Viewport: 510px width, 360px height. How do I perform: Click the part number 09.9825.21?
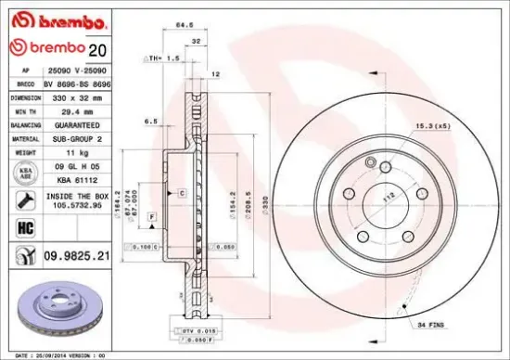click(x=77, y=252)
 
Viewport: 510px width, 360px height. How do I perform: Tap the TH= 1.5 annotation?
click(x=165, y=58)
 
